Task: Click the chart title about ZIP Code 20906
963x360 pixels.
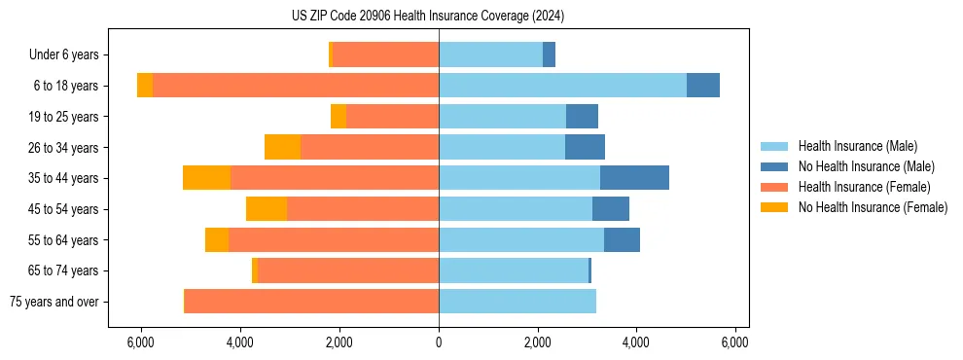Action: pos(428,17)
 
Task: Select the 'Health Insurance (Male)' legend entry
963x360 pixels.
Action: pos(856,146)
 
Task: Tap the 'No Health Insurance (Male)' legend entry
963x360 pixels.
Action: pos(866,166)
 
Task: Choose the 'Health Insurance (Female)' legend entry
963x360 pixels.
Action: pos(864,187)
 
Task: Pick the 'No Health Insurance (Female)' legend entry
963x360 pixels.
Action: pos(873,207)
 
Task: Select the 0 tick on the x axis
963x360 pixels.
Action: pos(439,342)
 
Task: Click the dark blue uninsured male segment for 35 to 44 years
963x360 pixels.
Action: pos(634,178)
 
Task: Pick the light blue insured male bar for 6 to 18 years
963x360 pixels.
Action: pos(562,86)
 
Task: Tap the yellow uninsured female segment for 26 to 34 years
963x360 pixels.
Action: pos(282,147)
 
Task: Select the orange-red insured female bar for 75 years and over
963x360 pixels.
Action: pos(311,302)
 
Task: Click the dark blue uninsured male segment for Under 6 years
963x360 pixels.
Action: pos(549,54)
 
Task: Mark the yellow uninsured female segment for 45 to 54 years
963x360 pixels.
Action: pos(267,209)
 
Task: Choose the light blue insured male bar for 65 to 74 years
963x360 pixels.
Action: pos(514,270)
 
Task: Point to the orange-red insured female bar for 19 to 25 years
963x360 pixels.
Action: pos(392,117)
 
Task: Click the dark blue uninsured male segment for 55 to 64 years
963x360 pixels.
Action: pos(622,239)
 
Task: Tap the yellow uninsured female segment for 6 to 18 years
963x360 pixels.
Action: pos(145,86)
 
